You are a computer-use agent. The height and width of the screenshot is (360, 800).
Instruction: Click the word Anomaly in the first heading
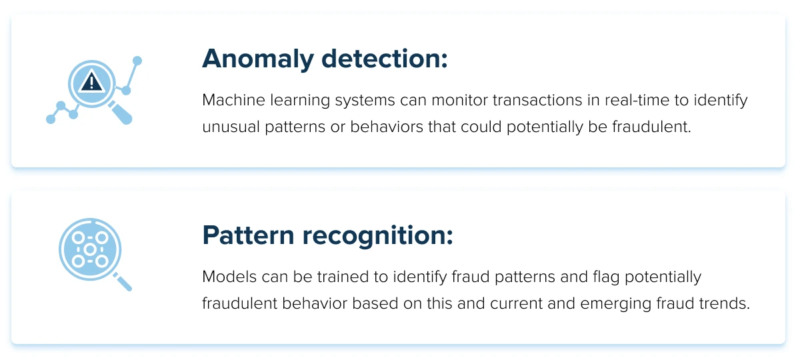click(x=258, y=59)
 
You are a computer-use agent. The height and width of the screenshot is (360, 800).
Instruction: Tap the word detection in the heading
click(x=385, y=58)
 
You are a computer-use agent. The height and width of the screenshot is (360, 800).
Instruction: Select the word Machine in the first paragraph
click(x=233, y=100)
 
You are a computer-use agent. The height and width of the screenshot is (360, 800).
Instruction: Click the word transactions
click(x=537, y=101)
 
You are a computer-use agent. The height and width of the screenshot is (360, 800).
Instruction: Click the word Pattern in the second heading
click(x=248, y=235)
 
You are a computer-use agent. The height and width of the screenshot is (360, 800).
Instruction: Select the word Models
click(x=229, y=277)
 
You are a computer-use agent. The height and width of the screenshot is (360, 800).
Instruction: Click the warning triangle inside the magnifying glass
click(x=91, y=81)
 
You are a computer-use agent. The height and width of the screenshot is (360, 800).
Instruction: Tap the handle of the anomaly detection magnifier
click(x=121, y=113)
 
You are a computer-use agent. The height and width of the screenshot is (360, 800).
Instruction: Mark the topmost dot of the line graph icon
click(x=137, y=61)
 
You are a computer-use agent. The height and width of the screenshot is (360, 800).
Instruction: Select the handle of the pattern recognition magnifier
click(x=123, y=282)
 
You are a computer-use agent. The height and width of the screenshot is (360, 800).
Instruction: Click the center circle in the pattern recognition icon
click(x=90, y=249)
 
